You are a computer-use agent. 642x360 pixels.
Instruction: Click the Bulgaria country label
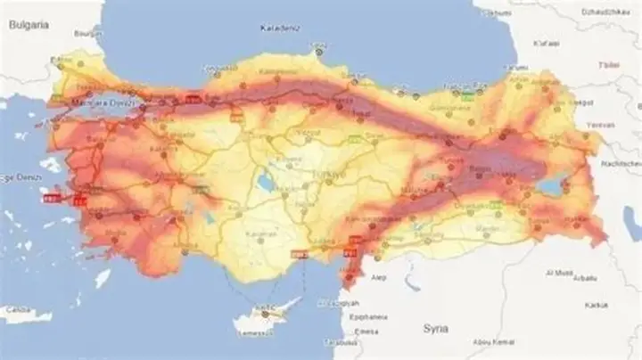27,26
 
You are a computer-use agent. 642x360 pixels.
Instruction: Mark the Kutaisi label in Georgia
546,42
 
